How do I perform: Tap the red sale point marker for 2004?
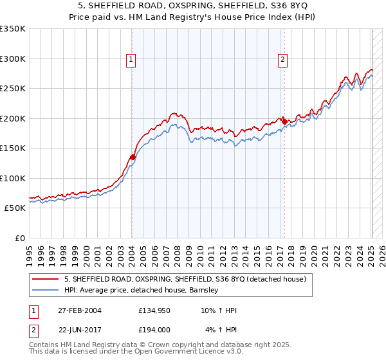coord(133,157)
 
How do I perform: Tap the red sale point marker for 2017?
coord(284,122)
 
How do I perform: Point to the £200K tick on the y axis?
coord(13,118)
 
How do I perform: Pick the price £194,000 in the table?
coord(154,329)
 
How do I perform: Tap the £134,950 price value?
coord(154,310)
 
